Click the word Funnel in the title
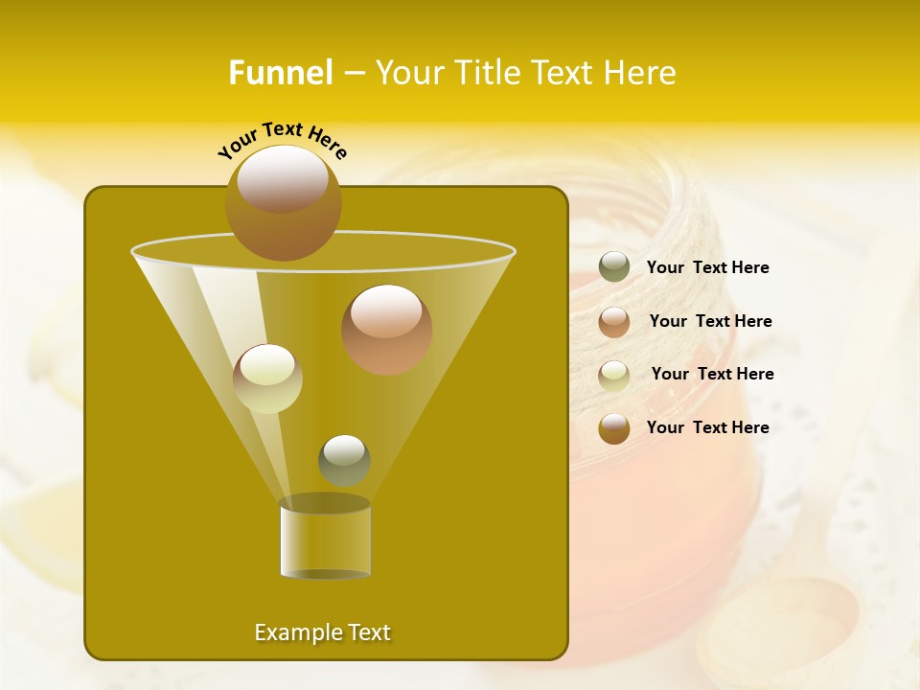coord(280,73)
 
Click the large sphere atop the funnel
coord(283,203)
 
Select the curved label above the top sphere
coord(282,139)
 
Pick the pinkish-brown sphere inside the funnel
coord(386,330)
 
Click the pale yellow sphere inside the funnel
coord(267,379)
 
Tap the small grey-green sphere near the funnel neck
coord(344,460)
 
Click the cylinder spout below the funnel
coord(325,540)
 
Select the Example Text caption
coord(322,632)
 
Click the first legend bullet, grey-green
coord(614,267)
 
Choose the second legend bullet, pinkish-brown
coord(614,321)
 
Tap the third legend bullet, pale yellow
coord(614,375)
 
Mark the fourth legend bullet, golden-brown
coord(614,428)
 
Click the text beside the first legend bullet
coord(707,268)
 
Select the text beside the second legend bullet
coord(710,322)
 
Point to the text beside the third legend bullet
coord(712,375)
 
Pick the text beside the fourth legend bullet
coord(707,428)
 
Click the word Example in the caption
coord(291,632)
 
